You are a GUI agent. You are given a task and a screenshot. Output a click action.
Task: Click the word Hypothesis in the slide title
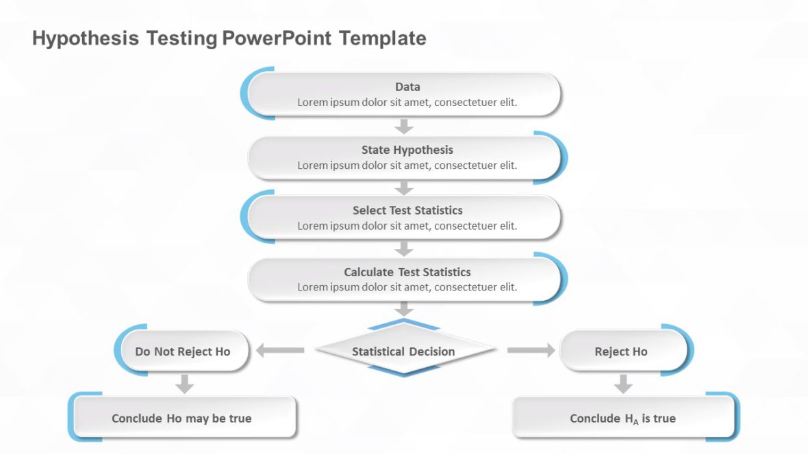(x=86, y=38)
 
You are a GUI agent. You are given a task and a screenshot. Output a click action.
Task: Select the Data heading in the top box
(x=407, y=87)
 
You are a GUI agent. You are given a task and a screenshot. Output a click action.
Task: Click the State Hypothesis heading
(x=407, y=150)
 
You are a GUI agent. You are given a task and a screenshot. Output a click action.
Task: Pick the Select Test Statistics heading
(x=407, y=211)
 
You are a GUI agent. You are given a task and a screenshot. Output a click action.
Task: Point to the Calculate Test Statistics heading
(x=407, y=272)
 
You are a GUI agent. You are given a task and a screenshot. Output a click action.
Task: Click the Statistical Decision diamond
(x=404, y=351)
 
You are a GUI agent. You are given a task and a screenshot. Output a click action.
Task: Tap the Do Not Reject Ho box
(x=183, y=351)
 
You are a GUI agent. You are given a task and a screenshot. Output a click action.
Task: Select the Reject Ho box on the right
(x=621, y=351)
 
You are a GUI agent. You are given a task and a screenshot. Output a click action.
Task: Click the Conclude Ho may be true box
(x=182, y=418)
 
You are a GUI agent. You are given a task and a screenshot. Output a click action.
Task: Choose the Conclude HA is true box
(x=622, y=418)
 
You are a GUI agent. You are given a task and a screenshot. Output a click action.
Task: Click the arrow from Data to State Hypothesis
(x=405, y=126)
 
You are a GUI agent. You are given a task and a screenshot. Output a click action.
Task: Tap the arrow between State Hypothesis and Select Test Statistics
(x=405, y=187)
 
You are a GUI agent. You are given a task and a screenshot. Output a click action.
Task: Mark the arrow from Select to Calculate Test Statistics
(x=405, y=248)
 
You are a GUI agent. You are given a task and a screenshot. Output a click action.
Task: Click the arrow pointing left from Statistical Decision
(x=280, y=351)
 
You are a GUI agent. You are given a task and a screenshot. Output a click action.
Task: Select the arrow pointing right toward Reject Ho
(x=531, y=351)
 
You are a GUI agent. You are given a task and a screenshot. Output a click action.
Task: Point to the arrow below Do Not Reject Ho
(x=184, y=384)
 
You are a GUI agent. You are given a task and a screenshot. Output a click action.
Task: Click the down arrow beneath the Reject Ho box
(x=622, y=384)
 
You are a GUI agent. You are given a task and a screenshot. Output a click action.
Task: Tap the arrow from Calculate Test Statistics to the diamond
(x=405, y=309)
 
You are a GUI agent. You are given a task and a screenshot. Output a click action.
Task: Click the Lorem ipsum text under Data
(x=407, y=103)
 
